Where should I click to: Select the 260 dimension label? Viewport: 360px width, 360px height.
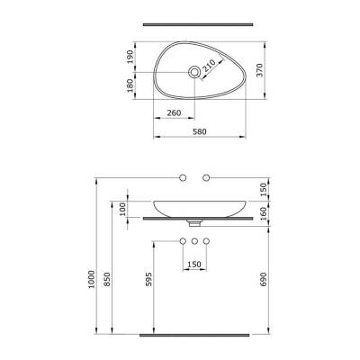coord(175,113)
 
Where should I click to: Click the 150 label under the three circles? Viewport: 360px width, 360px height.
coord(193,265)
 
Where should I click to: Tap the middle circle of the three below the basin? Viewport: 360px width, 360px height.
coord(193,241)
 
